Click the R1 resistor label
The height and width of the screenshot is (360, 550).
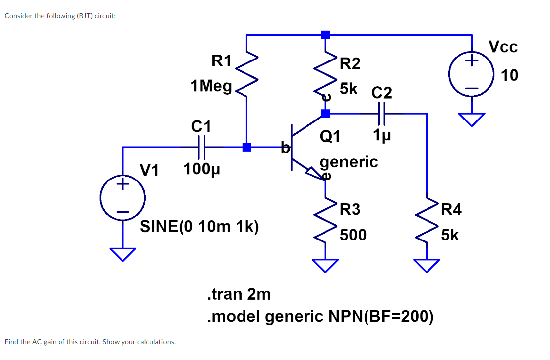[221, 61]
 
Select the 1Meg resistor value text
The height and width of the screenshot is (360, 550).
[211, 86]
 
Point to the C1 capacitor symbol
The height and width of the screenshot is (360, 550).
[201, 147]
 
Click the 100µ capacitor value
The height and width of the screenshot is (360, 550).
[201, 170]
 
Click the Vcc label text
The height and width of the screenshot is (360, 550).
[503, 47]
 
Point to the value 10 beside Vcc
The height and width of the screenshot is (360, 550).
[509, 75]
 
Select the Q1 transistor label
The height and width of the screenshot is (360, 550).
[330, 136]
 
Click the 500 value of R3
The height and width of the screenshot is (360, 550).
[353, 235]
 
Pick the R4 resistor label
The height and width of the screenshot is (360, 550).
[451, 210]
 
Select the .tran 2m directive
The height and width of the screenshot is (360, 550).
[238, 294]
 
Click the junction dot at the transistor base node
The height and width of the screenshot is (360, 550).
[246, 147]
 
